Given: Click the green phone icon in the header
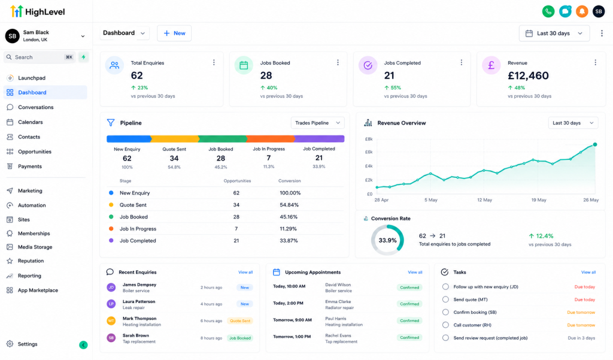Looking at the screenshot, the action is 548,11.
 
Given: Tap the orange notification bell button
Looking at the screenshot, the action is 582,11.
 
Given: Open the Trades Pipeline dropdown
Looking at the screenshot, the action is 317,123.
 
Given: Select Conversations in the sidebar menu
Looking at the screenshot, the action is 35,107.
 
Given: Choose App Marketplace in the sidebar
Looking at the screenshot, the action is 38,291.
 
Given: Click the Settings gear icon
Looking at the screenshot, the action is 10,344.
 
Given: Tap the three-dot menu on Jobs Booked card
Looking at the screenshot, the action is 338,63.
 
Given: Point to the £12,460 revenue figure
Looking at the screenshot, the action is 528,75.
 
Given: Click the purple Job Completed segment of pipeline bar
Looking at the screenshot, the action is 320,138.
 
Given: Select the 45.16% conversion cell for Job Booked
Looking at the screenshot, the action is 289,217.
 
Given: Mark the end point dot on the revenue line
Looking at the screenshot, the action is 595,145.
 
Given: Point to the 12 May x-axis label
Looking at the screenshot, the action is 484,200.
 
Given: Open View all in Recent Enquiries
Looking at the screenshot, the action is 245,273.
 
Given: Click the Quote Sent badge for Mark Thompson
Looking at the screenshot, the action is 240,321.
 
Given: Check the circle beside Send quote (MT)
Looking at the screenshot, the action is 445,300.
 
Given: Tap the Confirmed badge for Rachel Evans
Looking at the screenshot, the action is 409,338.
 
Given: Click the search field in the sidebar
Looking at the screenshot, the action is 39,57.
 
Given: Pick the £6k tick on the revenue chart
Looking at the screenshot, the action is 369,152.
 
